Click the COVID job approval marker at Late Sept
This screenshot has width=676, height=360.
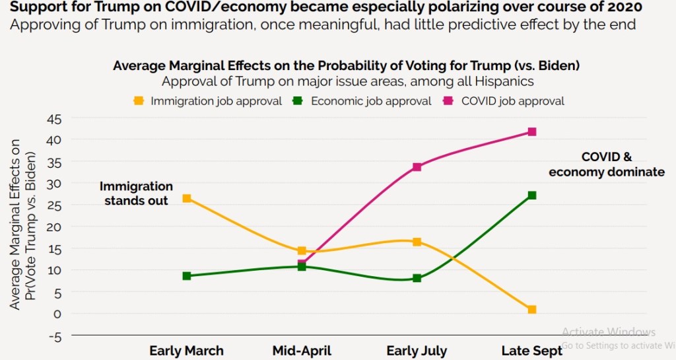(x=531, y=132)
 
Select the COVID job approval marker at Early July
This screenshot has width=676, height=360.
(x=417, y=167)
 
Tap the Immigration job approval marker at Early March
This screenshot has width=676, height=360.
(x=187, y=198)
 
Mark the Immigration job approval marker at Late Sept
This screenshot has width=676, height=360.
(x=531, y=310)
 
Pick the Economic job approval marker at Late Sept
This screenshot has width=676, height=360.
(x=531, y=196)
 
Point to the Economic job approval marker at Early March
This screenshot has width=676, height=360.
(x=187, y=276)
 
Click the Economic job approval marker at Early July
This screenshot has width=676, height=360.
(x=417, y=278)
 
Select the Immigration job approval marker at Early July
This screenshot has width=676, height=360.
(x=417, y=242)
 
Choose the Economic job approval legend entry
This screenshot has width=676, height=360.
(x=363, y=101)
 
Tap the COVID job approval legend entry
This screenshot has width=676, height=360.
(x=505, y=101)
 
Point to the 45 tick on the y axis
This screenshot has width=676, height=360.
(x=53, y=119)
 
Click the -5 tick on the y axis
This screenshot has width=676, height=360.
(x=53, y=336)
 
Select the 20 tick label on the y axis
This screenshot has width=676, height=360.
(x=53, y=227)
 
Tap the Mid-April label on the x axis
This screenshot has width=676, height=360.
(x=302, y=351)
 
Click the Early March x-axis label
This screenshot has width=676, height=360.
(x=187, y=351)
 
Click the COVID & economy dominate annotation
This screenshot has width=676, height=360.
(x=606, y=164)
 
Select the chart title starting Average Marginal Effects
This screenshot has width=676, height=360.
(x=347, y=66)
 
